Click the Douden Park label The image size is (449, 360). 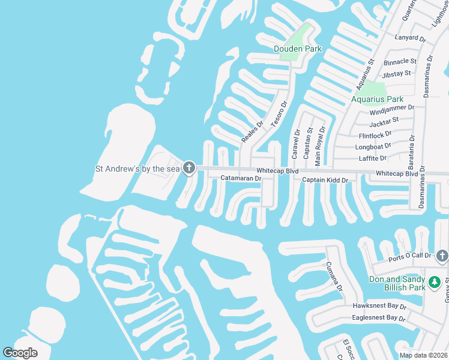point(298,49)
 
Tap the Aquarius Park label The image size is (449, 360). point(378,99)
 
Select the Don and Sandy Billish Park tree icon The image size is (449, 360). point(433,281)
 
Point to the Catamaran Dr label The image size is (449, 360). point(241,178)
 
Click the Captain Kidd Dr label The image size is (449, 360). point(325,180)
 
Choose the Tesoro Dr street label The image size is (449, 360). point(279,114)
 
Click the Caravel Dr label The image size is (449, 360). point(296,144)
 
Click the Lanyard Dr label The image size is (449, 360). point(410,38)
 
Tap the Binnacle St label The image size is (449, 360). point(400,61)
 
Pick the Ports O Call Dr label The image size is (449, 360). point(410,256)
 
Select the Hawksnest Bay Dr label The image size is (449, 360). point(379,306)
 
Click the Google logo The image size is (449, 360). point(20,353)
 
